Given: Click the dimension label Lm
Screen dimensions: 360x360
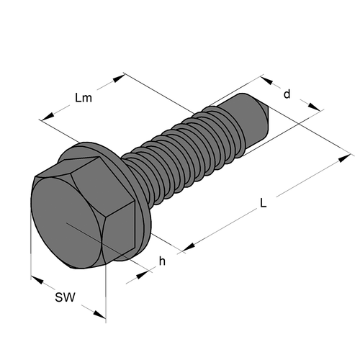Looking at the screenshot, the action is point(84,98).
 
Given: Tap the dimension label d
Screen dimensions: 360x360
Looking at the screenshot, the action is point(287,94).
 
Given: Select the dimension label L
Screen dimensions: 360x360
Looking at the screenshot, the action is point(264,203).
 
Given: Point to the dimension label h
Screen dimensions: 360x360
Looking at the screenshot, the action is point(162,261).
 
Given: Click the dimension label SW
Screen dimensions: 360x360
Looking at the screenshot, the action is point(65,297).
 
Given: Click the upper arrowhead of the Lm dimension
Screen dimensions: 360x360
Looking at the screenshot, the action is point(119,78).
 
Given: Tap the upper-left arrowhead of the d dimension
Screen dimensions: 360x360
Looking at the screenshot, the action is point(266,80).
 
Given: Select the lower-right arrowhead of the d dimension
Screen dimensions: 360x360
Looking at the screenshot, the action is point(314,107).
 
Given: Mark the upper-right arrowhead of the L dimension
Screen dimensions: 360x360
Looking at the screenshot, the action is point(344,158).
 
